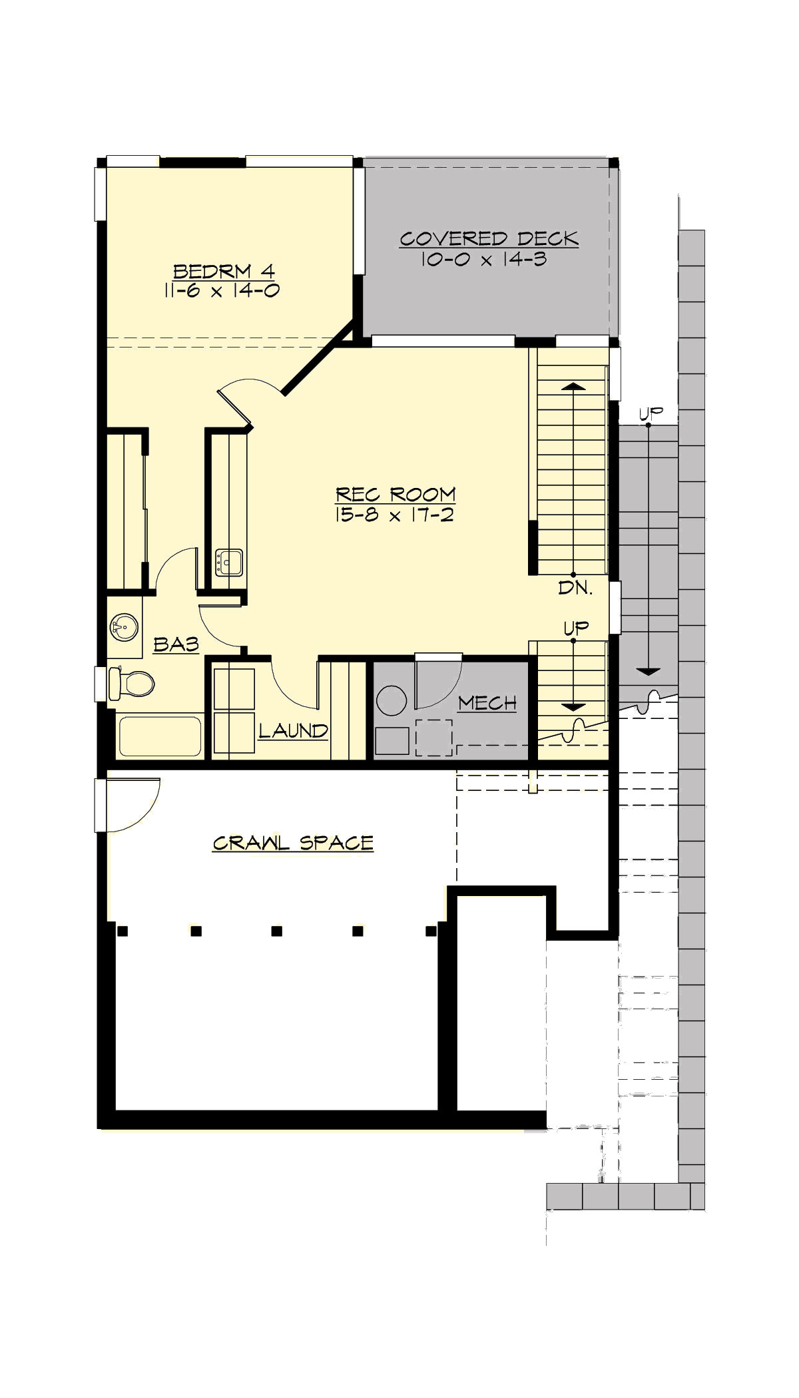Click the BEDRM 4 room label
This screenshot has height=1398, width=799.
[x=224, y=272]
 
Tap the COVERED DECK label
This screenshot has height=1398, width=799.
[x=489, y=239]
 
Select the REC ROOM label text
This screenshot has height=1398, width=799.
[x=396, y=495]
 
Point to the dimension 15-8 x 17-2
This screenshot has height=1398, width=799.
[x=395, y=515]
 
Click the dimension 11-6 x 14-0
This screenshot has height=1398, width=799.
[x=222, y=290]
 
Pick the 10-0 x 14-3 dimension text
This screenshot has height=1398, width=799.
[x=483, y=259]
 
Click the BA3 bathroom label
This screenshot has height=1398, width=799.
[x=176, y=644]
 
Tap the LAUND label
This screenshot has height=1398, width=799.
[x=293, y=731]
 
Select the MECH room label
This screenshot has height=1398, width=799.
[x=487, y=703]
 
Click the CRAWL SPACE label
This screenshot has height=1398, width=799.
[x=293, y=843]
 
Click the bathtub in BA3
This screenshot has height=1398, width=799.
[x=160, y=736]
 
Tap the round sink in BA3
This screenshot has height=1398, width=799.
[x=124, y=627]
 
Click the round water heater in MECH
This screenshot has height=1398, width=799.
[x=392, y=700]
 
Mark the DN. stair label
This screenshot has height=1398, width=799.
[x=575, y=588]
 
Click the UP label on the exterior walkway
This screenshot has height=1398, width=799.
[x=651, y=413]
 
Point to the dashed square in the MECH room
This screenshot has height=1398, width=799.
[x=434, y=737]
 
